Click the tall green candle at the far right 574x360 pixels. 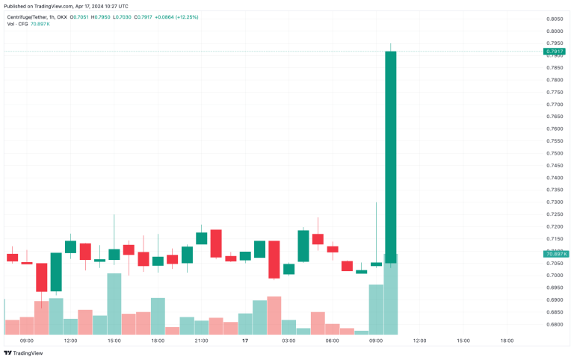pyautogui.click(x=390, y=149)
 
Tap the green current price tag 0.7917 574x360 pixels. pyautogui.click(x=555, y=51)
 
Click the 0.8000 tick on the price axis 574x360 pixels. pyautogui.click(x=555, y=31)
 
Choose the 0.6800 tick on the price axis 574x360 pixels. pyautogui.click(x=555, y=324)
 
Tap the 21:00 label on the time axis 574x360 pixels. pyautogui.click(x=201, y=341)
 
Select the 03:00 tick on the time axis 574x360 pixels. pyautogui.click(x=288, y=341)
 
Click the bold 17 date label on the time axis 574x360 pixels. pyautogui.click(x=244, y=341)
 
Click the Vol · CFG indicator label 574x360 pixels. pyautogui.click(x=16, y=23)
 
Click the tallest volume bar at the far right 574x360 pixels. pyautogui.click(x=390, y=294)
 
